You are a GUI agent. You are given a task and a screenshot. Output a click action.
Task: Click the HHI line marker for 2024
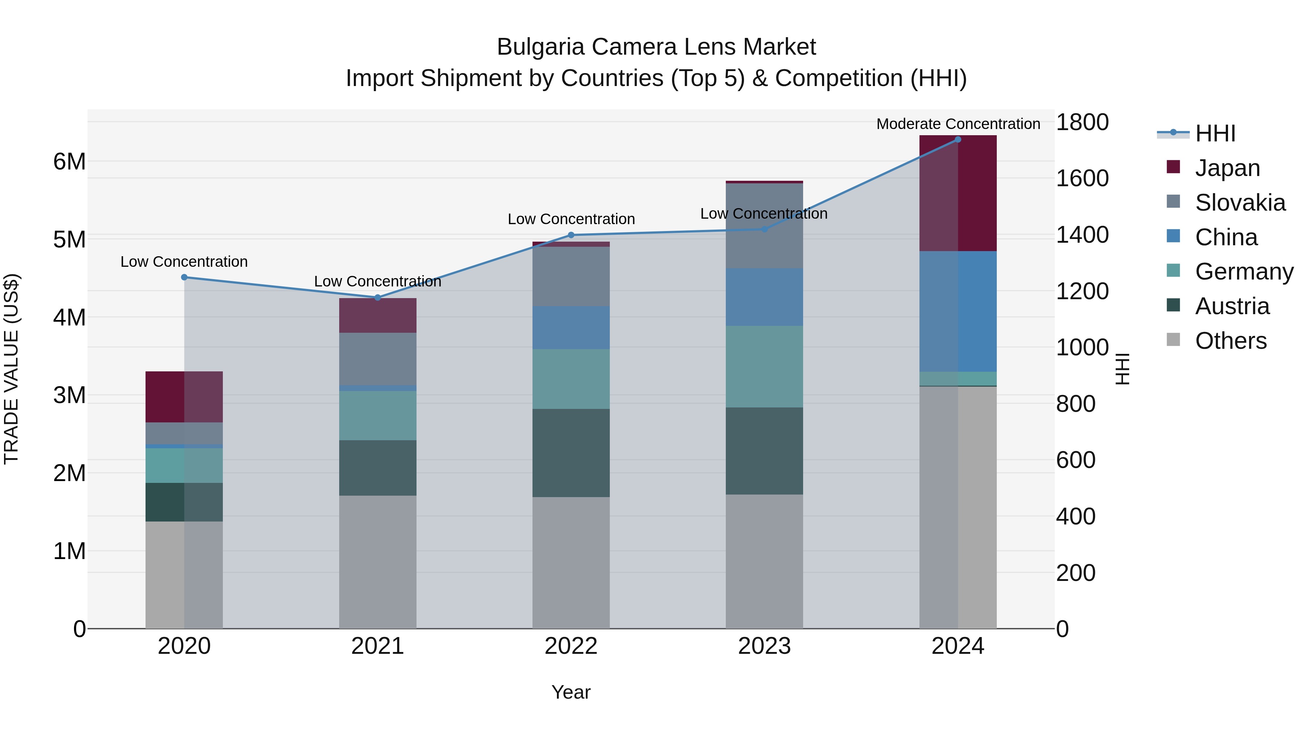(x=958, y=140)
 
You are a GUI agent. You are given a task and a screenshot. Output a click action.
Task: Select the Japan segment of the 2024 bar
(x=958, y=194)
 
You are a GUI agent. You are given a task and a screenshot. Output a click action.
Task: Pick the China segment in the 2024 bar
(x=958, y=311)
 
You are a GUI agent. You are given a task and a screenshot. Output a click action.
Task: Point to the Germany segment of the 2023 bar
(x=764, y=367)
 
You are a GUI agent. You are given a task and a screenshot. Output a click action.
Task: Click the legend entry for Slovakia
(x=1240, y=203)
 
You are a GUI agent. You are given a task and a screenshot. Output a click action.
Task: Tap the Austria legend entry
(x=1232, y=306)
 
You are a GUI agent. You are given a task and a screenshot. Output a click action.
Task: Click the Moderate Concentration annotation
(x=958, y=124)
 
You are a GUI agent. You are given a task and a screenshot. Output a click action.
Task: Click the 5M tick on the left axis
(x=70, y=240)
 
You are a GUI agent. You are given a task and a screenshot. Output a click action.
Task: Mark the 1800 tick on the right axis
(x=1082, y=122)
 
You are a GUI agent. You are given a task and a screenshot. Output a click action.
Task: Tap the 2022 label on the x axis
(x=571, y=646)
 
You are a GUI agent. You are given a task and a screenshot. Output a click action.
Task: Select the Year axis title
(x=571, y=692)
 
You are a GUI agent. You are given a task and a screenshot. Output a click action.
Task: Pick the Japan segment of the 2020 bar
(x=184, y=397)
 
